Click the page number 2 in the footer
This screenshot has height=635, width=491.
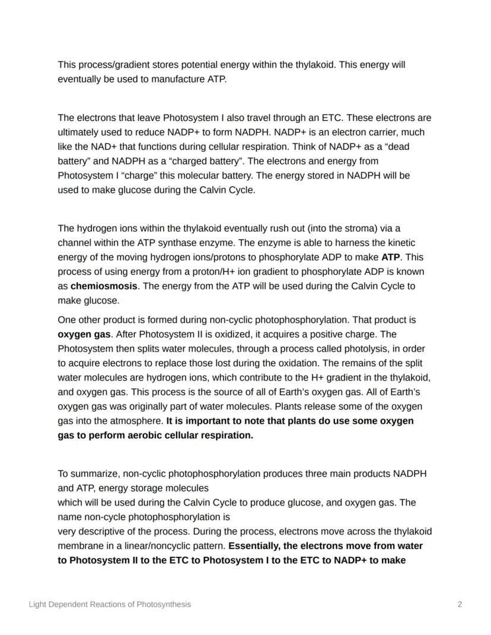pos(460,604)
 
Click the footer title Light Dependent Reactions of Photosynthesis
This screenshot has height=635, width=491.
pos(110,604)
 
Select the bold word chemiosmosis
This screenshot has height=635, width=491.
pos(104,286)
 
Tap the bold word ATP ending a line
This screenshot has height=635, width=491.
pos(391,257)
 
